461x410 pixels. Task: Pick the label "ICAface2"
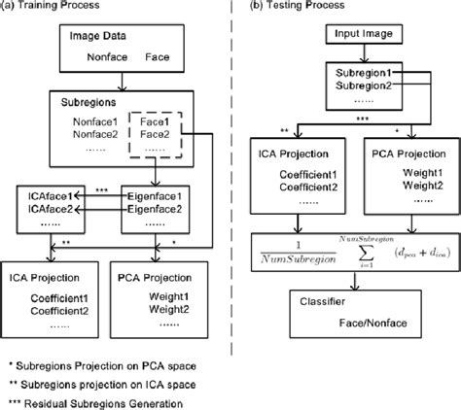[x=46, y=208]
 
